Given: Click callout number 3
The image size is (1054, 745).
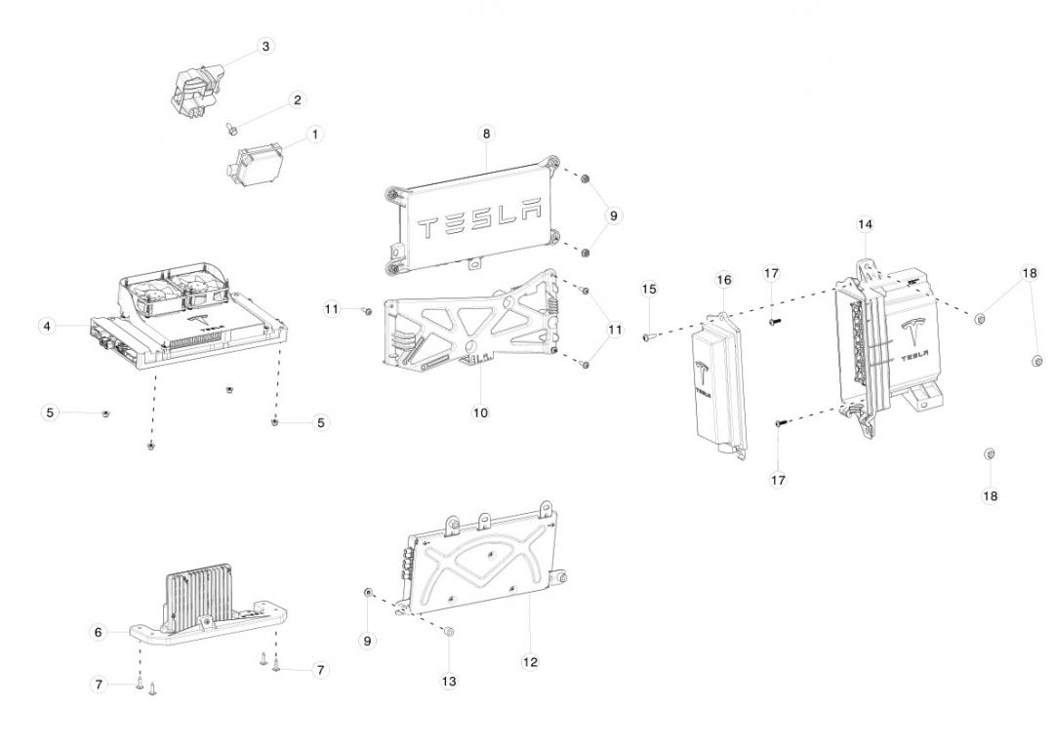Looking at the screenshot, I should tap(266, 46).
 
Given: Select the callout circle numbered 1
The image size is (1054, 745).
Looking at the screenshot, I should tap(315, 134).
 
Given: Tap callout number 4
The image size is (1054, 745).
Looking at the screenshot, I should tap(47, 326).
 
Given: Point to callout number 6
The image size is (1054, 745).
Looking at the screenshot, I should tap(98, 632).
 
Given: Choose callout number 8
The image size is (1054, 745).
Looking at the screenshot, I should tap(486, 133).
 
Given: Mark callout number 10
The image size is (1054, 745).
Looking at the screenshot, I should tap(480, 412).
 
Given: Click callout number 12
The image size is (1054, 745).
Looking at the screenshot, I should tap(530, 662).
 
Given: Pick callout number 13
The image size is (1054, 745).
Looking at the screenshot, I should tap(449, 682).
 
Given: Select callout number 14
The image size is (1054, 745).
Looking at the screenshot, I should tap(865, 224).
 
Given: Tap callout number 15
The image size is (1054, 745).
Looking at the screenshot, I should tap(649, 289).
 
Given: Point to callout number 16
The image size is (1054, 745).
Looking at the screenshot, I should tap(723, 280).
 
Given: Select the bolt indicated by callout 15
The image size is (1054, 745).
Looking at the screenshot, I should tap(646, 336).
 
